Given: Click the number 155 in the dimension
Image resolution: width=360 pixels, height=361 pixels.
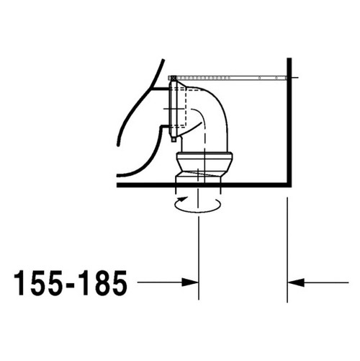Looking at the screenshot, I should (x=37, y=283).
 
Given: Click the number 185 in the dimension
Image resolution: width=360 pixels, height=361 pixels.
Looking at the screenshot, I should (x=101, y=283).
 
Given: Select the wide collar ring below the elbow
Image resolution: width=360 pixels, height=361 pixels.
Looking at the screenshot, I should (x=204, y=159).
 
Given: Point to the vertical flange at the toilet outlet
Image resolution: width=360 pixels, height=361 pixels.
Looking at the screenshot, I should (x=172, y=108).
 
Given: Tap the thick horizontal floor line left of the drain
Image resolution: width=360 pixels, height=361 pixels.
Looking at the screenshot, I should (x=144, y=186).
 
